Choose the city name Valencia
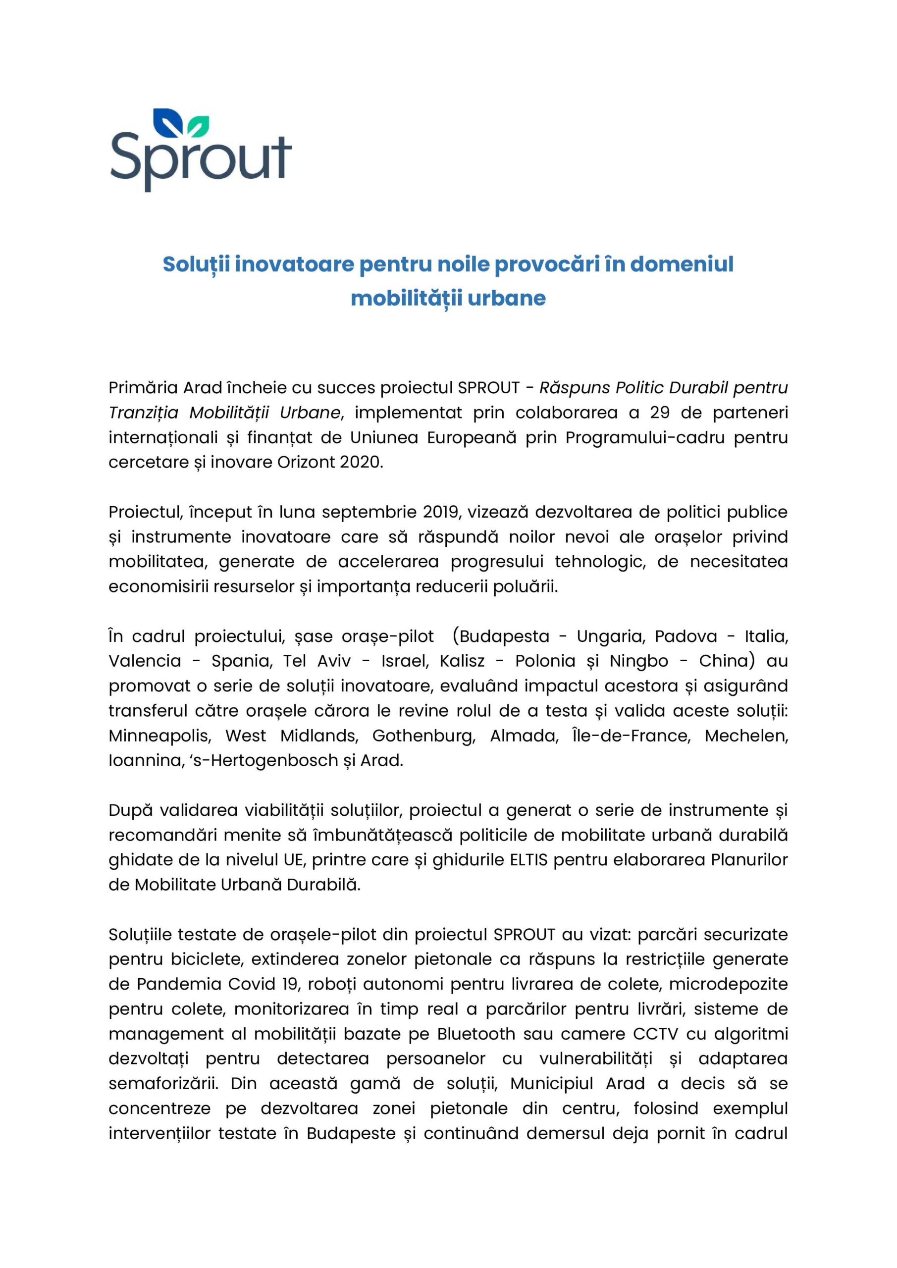(145, 661)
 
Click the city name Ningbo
(638, 661)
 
